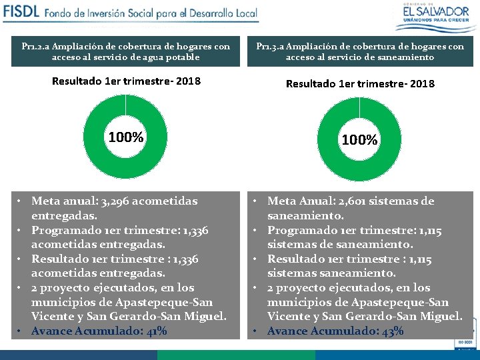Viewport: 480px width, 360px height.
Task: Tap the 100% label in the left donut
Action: coord(125,138)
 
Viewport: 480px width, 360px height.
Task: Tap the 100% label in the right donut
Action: coord(359,140)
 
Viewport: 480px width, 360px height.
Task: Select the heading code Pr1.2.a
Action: coord(34,47)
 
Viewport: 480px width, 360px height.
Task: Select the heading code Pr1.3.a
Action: coord(269,47)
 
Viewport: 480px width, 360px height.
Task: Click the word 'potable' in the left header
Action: coord(182,57)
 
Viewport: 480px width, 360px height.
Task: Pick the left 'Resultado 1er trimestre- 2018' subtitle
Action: coord(125,83)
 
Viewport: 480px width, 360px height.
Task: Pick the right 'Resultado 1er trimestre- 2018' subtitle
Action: coord(360,84)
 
